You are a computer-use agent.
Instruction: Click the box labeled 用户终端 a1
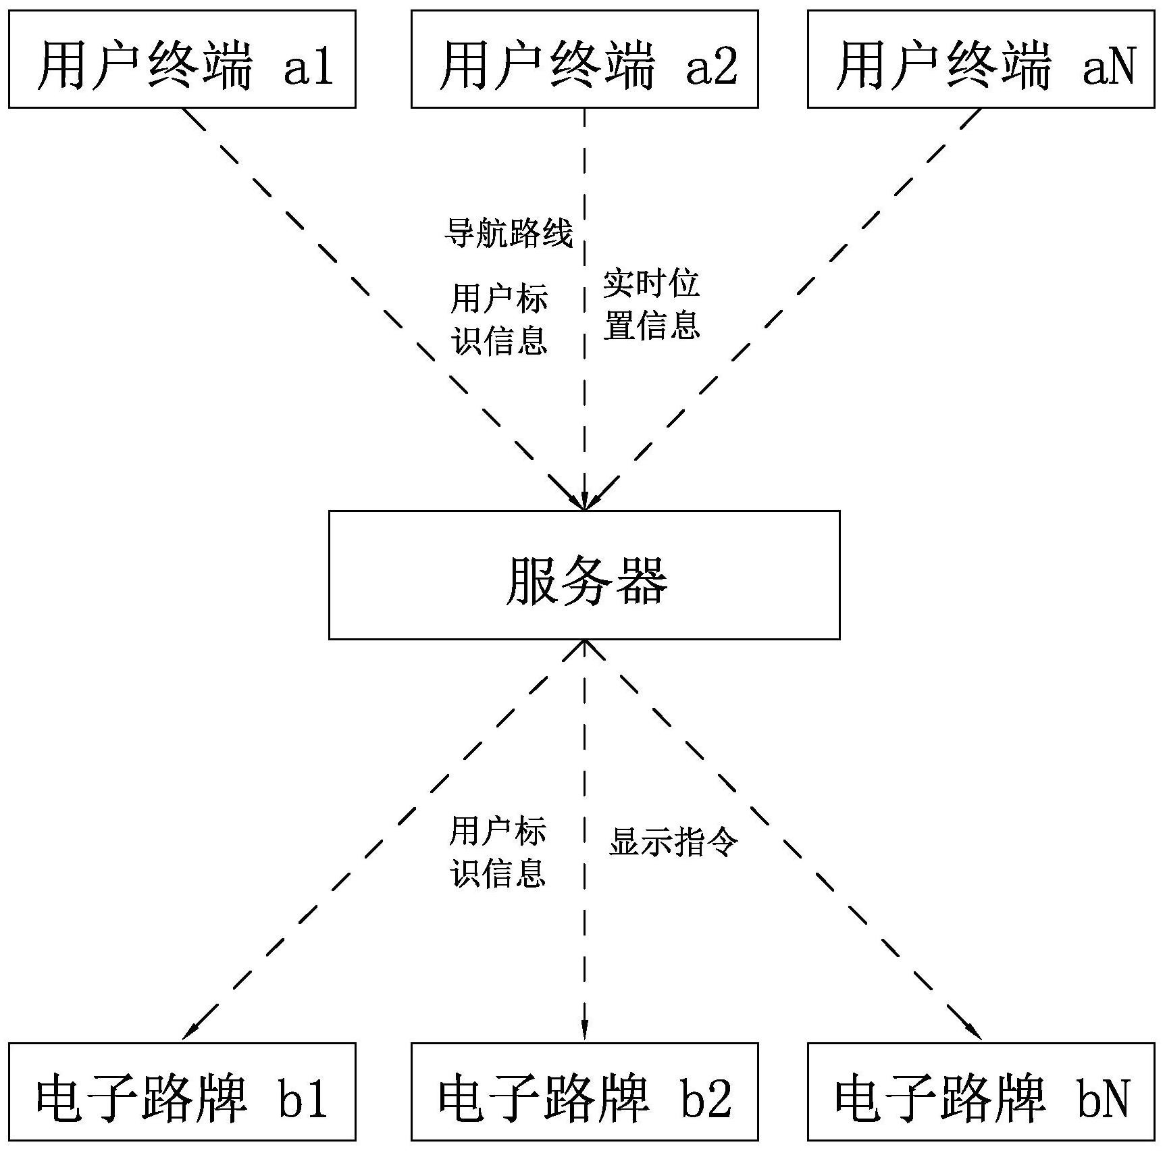[182, 59]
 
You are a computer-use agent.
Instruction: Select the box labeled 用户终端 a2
[584, 59]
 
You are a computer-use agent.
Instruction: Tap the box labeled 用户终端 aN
[981, 59]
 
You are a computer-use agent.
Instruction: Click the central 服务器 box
[584, 575]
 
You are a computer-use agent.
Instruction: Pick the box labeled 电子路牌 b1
[182, 1096]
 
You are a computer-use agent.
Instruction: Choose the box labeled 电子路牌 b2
[584, 1096]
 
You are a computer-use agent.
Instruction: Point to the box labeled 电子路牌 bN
[981, 1096]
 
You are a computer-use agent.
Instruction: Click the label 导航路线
[509, 234]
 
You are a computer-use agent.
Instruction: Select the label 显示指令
[673, 842]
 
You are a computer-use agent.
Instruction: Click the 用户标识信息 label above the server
[499, 319]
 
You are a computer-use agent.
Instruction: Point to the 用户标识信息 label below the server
[498, 852]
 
